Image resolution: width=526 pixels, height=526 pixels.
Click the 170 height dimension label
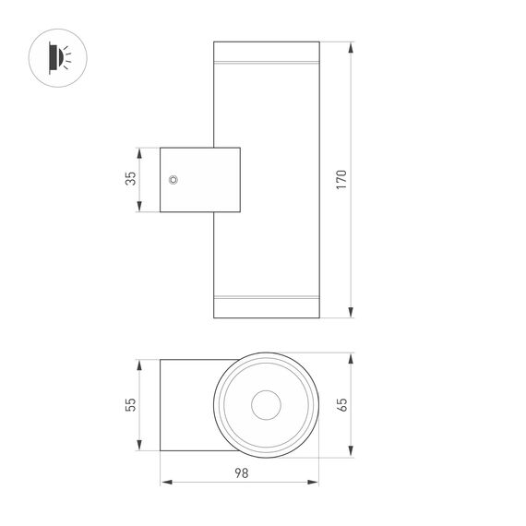[341, 180]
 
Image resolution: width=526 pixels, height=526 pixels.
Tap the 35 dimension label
[130, 180]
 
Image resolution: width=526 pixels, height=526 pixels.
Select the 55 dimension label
[130, 404]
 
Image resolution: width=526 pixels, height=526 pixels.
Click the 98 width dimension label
[240, 472]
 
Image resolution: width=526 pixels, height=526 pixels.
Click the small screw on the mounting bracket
[173, 180]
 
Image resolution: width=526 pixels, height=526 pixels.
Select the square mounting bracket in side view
[199, 180]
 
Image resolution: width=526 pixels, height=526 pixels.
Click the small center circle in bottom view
[266, 404]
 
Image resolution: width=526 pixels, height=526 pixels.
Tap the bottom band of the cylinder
[266, 305]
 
